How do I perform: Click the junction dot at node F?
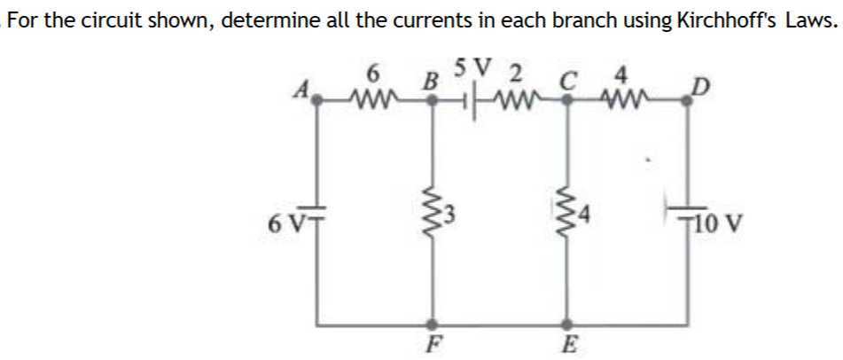[433, 324]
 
